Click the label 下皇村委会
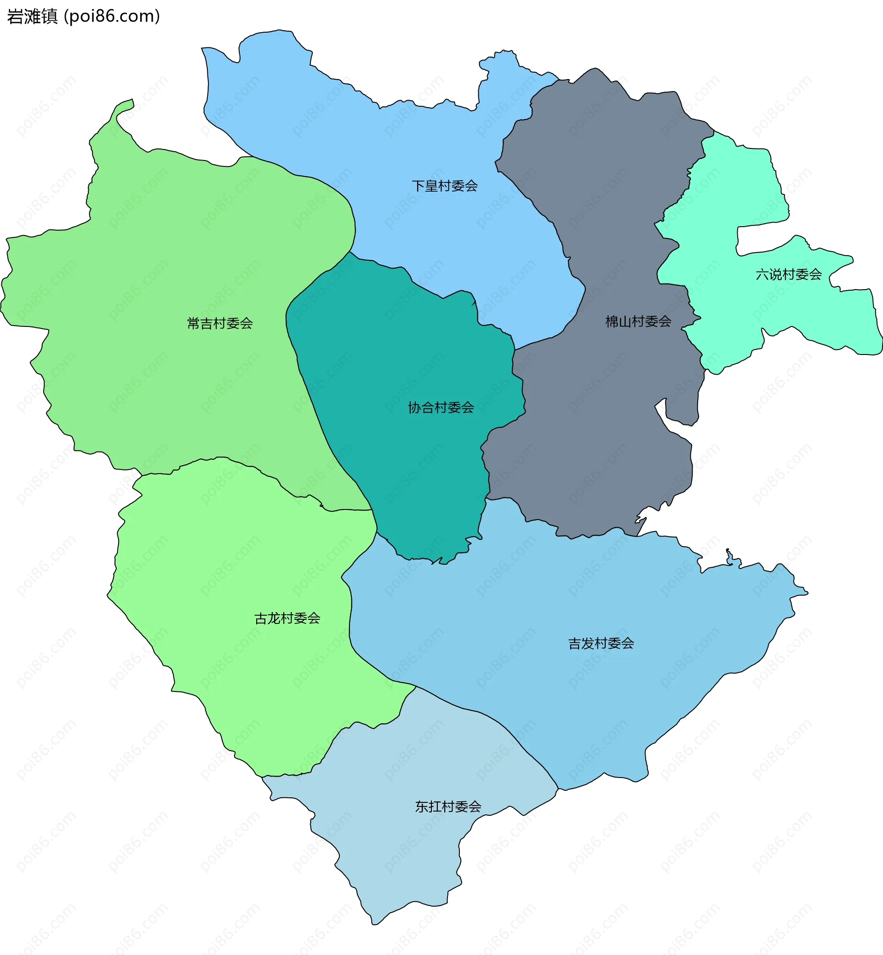(x=444, y=186)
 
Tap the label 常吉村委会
(x=220, y=323)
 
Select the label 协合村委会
(x=441, y=407)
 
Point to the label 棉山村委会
(x=638, y=321)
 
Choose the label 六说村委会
(x=788, y=274)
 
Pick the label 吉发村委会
(x=601, y=644)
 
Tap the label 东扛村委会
(x=448, y=807)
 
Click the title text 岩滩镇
(x=32, y=16)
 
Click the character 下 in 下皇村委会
(x=418, y=186)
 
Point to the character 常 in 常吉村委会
(x=194, y=323)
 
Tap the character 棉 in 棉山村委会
(x=612, y=321)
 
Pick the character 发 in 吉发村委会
(x=587, y=644)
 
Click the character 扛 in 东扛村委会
(x=434, y=807)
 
